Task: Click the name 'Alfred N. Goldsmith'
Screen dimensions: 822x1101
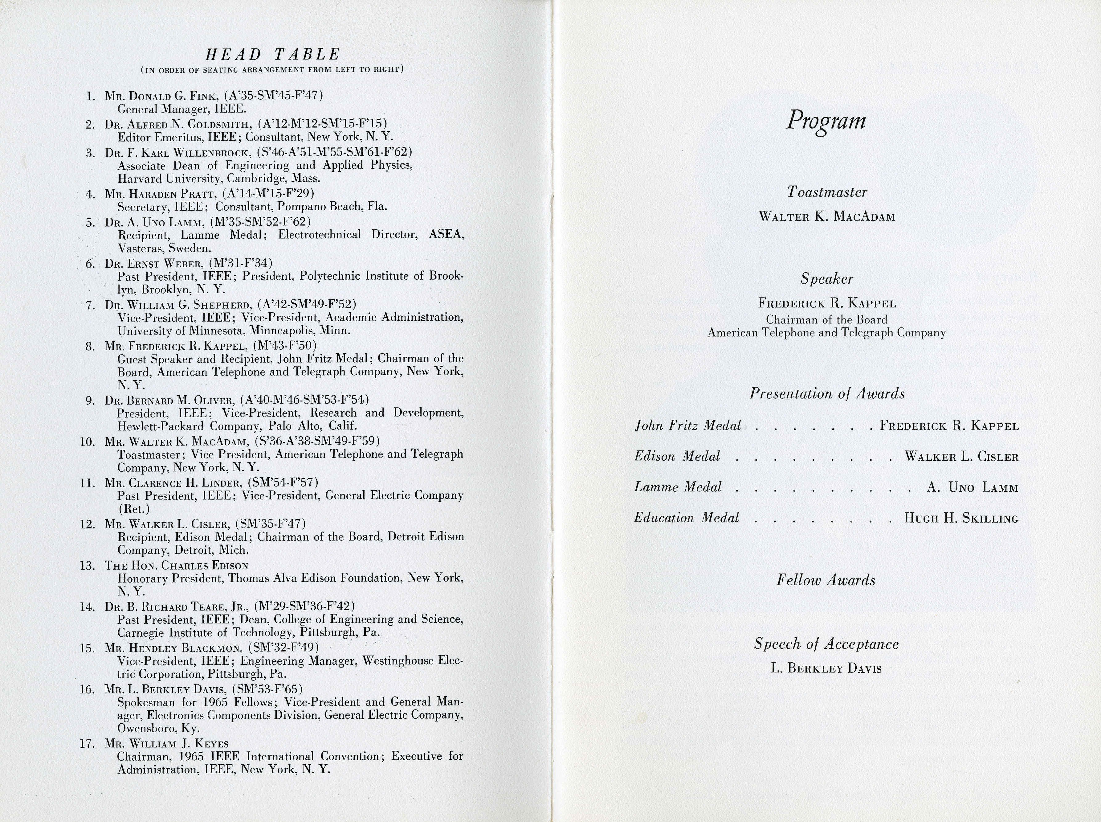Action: pyautogui.click(x=191, y=124)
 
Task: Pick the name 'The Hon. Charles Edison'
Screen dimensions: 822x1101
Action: pyautogui.click(x=177, y=566)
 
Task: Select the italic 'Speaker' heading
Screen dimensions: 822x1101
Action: pyautogui.click(x=826, y=279)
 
